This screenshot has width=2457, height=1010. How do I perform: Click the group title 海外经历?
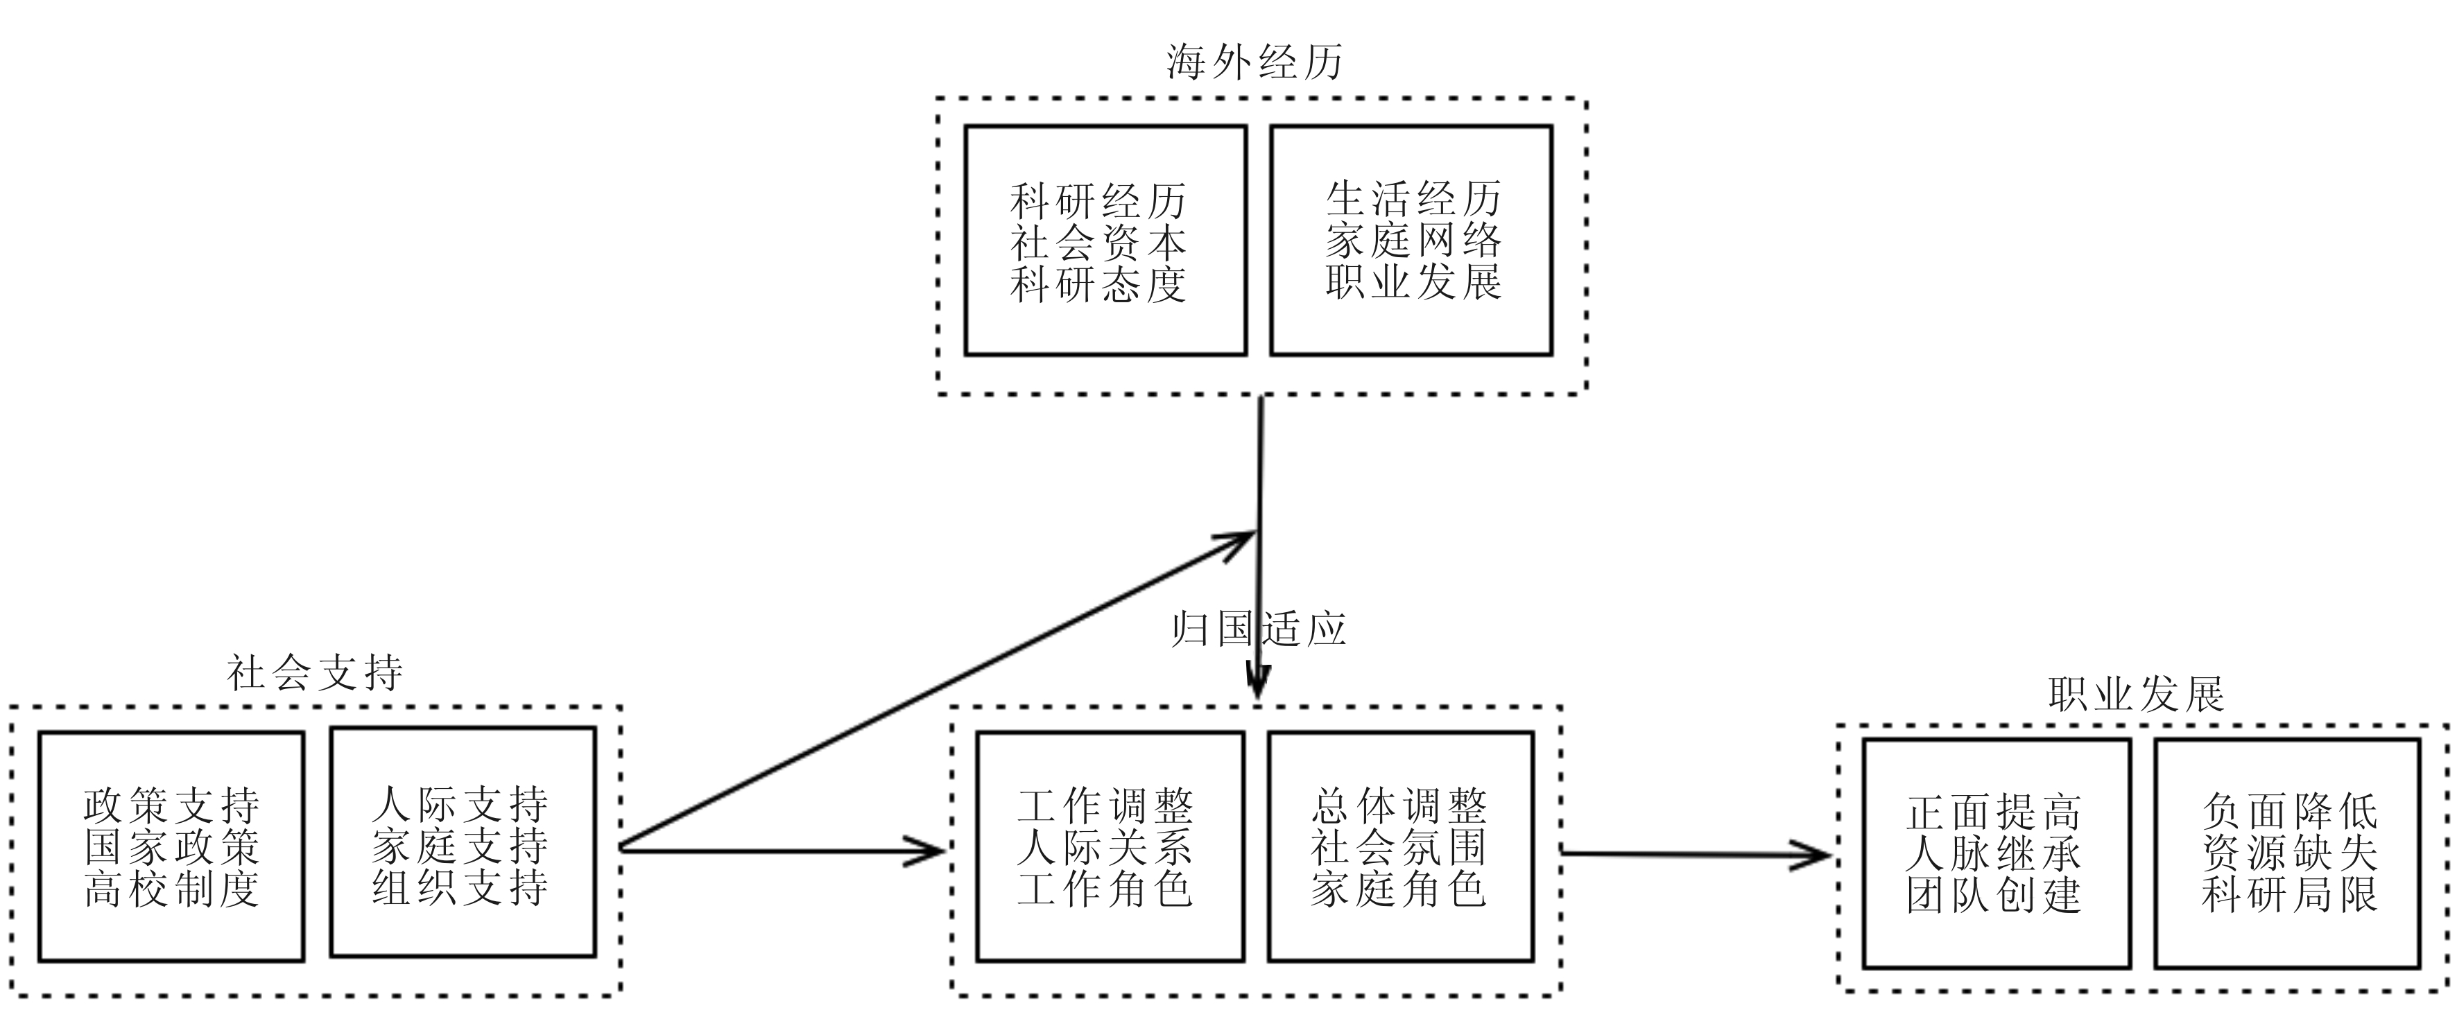click(x=1255, y=62)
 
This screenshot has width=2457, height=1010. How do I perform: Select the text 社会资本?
click(x=1098, y=243)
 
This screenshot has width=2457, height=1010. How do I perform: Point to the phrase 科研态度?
click(x=1098, y=285)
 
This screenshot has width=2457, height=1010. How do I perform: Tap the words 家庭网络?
click(x=1413, y=241)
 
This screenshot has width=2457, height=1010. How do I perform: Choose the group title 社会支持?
click(x=315, y=673)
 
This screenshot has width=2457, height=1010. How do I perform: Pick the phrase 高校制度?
click(x=172, y=889)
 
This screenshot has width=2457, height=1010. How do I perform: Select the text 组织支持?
click(x=460, y=888)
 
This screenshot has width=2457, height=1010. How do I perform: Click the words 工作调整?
click(x=1105, y=806)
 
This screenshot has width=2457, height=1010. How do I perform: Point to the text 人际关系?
click(x=1105, y=847)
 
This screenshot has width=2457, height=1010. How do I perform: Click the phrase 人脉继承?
click(x=1994, y=853)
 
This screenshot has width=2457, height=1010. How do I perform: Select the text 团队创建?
click(x=1994, y=896)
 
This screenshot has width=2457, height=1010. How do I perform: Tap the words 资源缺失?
click(x=2289, y=853)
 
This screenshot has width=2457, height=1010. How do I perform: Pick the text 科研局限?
click(x=2289, y=896)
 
